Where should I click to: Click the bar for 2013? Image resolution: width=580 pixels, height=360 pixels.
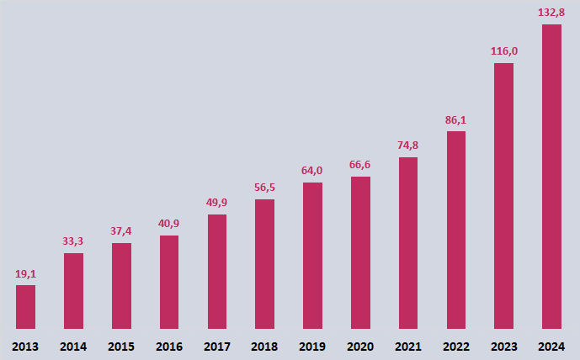coord(25,307)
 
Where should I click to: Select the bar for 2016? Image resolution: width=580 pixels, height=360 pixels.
coord(169,282)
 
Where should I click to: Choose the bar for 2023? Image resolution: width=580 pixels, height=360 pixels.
coord(503,195)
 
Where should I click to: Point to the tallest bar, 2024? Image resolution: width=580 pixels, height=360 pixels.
coord(551,176)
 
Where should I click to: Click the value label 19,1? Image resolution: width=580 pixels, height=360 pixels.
coord(25,274)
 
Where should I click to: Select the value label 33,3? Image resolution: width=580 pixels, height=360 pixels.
coord(73,242)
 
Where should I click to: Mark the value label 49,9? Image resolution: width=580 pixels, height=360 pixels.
coord(217,204)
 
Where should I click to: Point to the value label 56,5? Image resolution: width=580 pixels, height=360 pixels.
coord(264,188)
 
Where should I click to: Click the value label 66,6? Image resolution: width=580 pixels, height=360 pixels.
coord(360,165)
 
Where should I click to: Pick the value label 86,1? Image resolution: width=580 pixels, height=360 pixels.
coord(455,120)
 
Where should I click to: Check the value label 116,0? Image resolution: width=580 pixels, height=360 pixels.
coord(503,51)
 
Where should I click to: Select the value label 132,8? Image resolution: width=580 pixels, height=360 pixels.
coord(551,13)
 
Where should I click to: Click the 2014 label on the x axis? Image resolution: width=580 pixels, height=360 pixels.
coord(73,346)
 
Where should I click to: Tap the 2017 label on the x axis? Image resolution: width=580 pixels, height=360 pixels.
coord(217,346)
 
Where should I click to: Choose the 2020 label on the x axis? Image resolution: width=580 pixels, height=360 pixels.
coord(360,346)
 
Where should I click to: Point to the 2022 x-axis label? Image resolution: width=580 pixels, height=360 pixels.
coord(455,346)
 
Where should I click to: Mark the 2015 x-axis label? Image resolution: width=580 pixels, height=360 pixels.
coord(121,346)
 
